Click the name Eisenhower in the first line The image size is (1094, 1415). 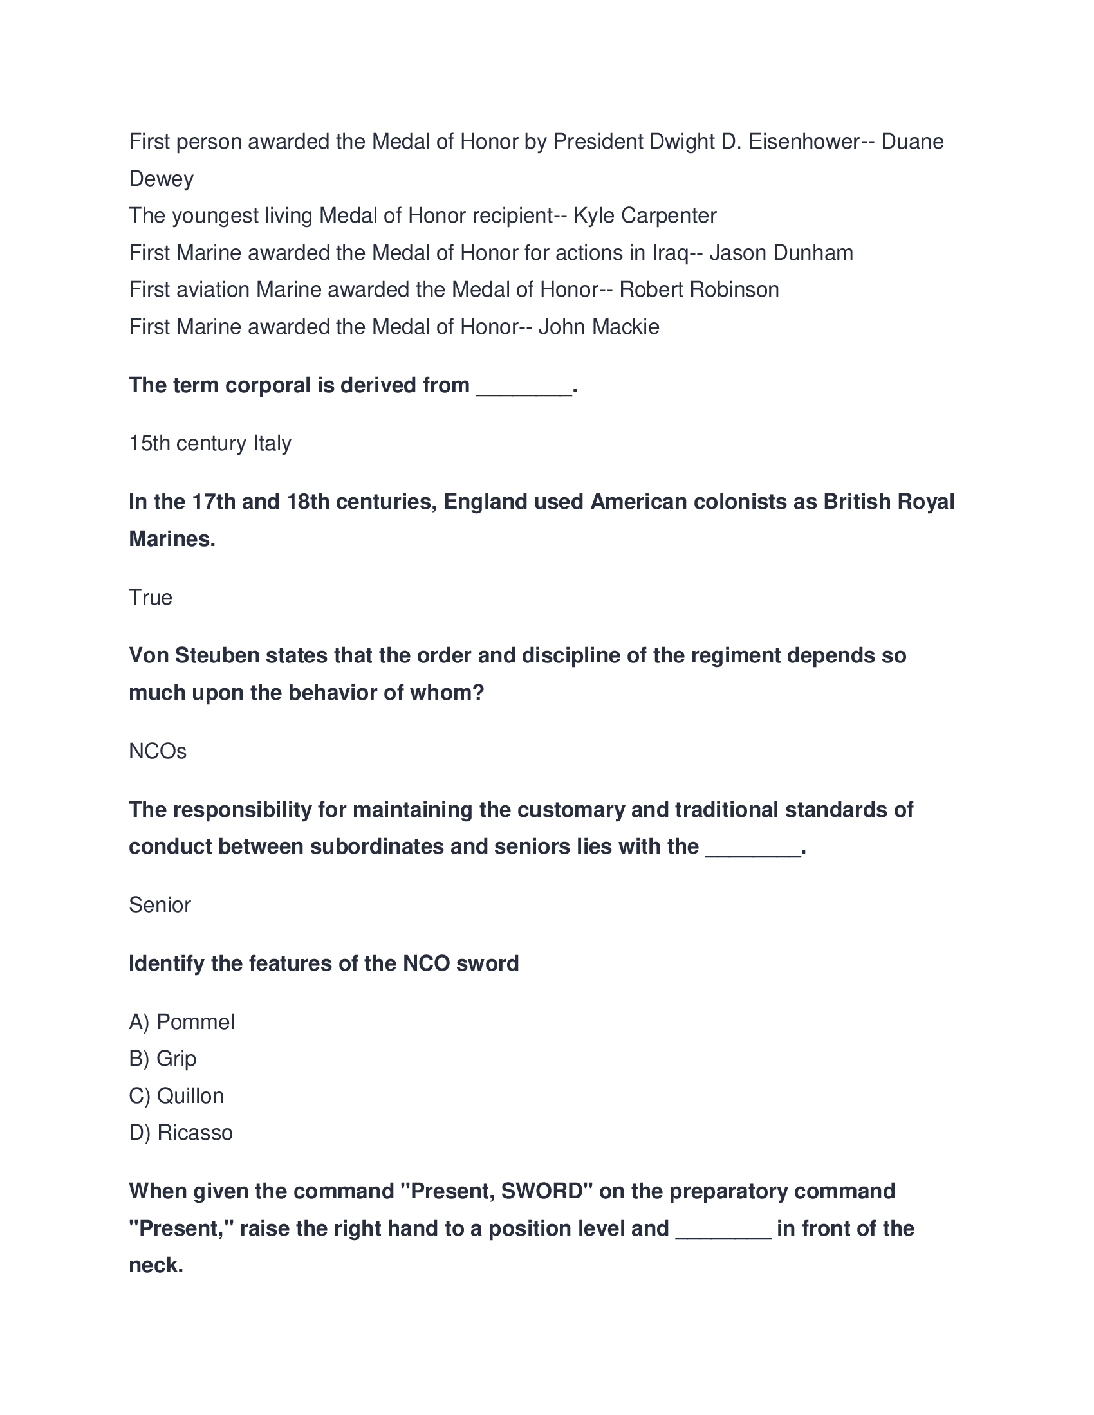(x=804, y=141)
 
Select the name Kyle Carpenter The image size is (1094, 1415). (x=645, y=215)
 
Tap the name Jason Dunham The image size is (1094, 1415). (x=781, y=252)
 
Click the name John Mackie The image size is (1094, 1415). (x=598, y=327)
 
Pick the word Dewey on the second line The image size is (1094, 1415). (x=161, y=179)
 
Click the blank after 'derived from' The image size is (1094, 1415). (x=524, y=387)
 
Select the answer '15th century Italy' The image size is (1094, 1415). (x=210, y=443)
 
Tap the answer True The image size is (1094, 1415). (x=151, y=598)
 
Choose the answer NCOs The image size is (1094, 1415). (x=158, y=751)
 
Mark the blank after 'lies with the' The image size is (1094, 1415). (x=752, y=848)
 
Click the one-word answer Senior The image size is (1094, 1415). (x=160, y=905)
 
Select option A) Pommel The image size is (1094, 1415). (x=181, y=1022)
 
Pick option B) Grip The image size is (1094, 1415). (x=163, y=1059)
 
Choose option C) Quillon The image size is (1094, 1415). (x=176, y=1095)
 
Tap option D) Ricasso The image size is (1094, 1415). (x=181, y=1133)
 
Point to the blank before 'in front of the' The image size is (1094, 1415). (x=723, y=1230)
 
